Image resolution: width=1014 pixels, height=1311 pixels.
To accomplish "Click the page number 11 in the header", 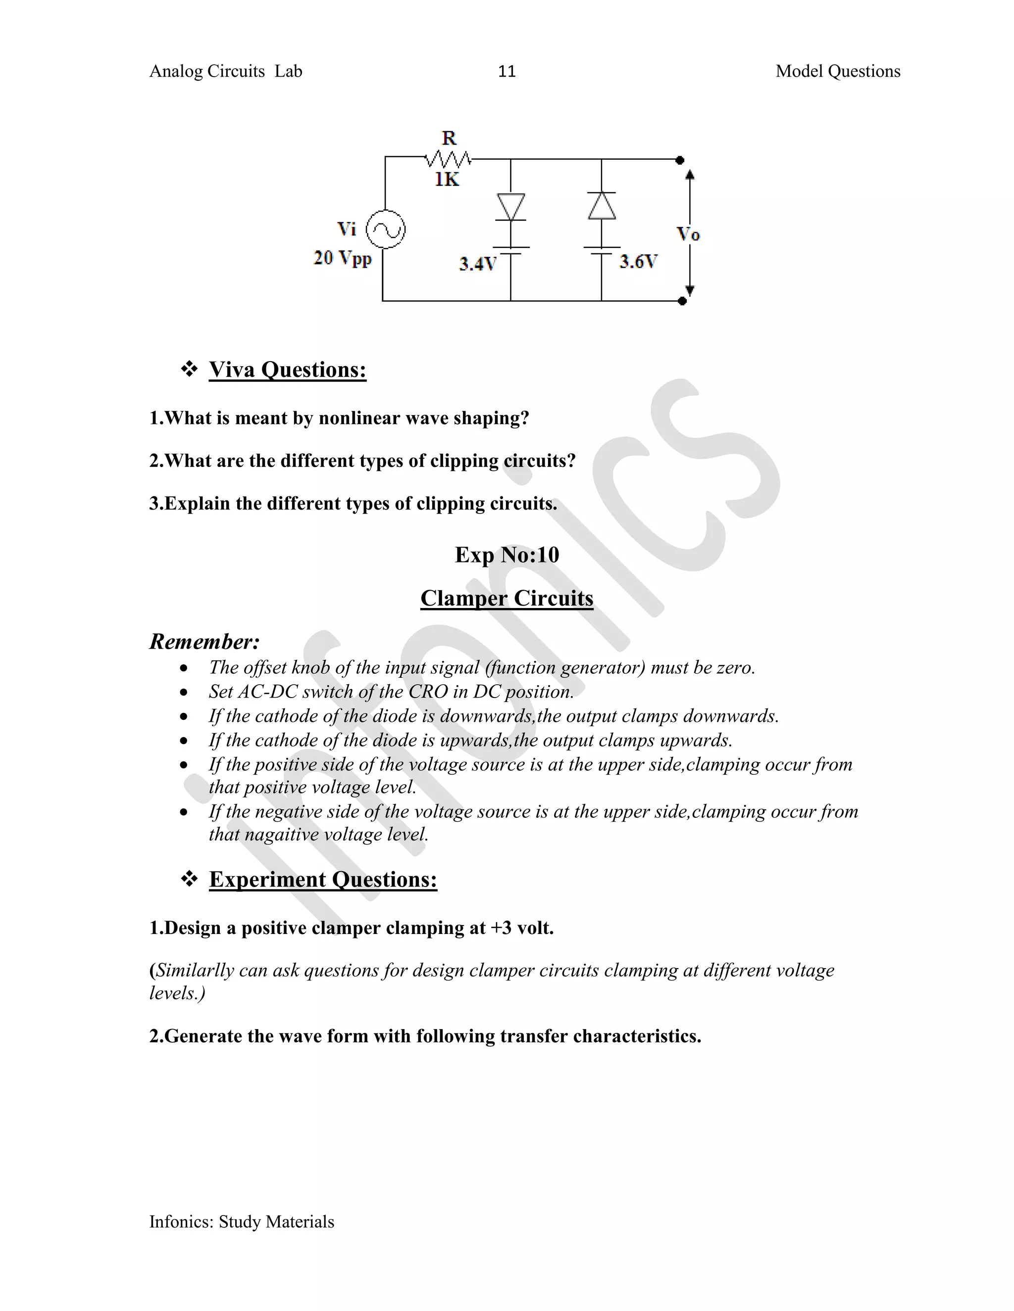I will click(507, 71).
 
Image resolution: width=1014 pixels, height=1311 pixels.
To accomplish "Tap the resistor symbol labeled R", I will click(448, 160).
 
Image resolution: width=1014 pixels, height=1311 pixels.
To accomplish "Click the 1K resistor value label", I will click(447, 180).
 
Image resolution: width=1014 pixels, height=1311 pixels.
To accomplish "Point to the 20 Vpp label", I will click(343, 258).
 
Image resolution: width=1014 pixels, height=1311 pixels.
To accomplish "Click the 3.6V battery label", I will click(639, 262).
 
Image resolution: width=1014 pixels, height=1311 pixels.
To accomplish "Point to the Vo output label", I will click(688, 234).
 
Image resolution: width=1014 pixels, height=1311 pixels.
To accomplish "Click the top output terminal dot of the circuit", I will click(680, 160).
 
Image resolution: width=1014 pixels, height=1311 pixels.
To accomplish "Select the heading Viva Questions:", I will click(287, 370).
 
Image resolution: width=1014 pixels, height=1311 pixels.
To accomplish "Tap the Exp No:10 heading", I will click(507, 555).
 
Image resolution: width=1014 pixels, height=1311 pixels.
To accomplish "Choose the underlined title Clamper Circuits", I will click(507, 599).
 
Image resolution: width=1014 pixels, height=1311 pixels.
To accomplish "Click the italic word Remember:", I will click(204, 642).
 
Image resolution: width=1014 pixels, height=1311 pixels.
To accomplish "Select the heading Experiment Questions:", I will click(323, 880).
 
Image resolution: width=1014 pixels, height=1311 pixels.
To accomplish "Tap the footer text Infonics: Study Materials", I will click(242, 1222).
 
